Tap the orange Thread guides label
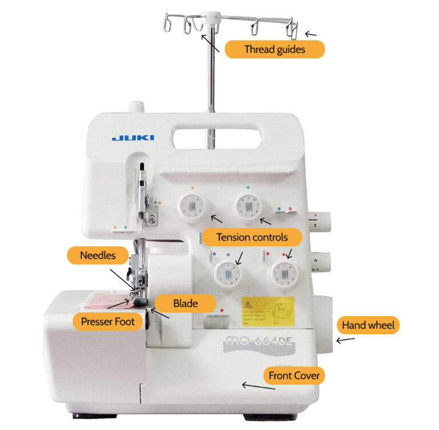274,49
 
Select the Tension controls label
251,236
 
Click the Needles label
98,255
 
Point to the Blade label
185,303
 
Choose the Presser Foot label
107,322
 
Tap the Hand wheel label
368,325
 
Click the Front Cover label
294,375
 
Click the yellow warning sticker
268,311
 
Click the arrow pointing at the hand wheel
345,340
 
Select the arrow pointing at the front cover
258,387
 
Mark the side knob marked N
321,261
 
